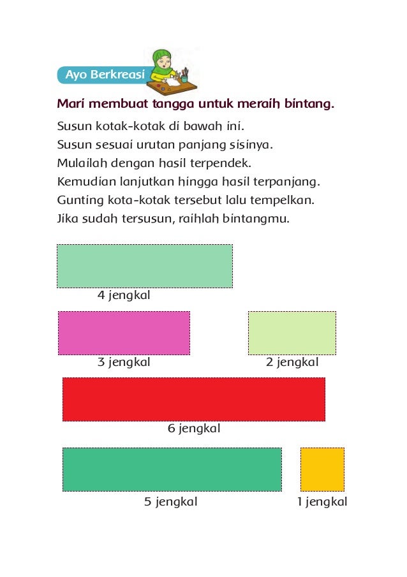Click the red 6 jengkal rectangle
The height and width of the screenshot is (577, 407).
click(194, 399)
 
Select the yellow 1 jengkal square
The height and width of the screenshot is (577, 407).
click(322, 469)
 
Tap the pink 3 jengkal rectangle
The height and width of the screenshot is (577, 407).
click(124, 333)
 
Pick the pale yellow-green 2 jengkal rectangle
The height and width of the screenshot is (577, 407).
click(292, 333)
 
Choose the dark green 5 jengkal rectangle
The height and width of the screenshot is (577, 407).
click(172, 469)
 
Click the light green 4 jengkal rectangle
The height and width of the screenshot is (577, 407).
click(145, 266)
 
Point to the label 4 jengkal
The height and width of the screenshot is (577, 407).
click(124, 296)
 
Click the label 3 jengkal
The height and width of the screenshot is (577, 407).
click(124, 363)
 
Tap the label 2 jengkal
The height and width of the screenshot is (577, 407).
click(292, 363)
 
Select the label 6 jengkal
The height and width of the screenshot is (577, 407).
click(194, 428)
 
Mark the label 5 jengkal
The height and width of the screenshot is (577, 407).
click(171, 502)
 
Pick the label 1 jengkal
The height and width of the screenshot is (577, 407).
click(322, 502)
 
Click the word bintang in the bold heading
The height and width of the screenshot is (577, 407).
click(310, 103)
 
